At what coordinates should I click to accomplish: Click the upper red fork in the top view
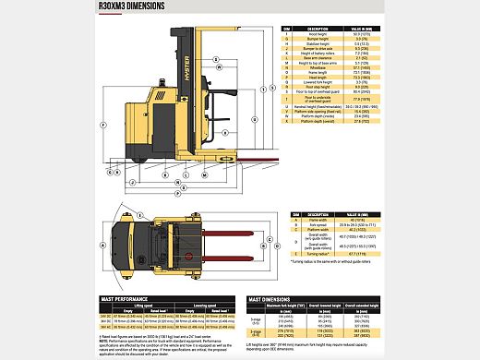point(212,224)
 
